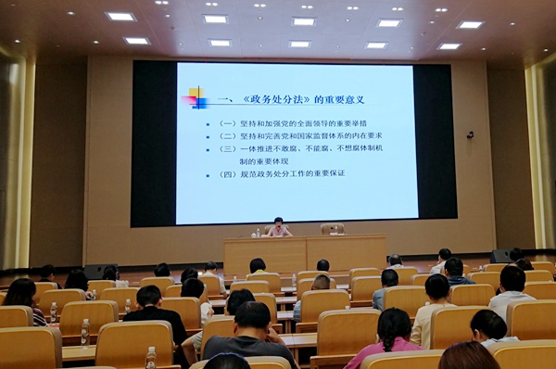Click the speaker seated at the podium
click(x=276, y=227)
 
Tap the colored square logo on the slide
click(x=196, y=96)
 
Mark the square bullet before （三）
click(x=209, y=148)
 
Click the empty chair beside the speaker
click(x=333, y=228)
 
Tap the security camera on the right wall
click(x=471, y=134)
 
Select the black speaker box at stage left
click(x=100, y=272)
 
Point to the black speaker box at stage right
click(x=500, y=256)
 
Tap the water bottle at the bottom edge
click(x=151, y=358)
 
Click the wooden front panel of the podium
click(x=306, y=254)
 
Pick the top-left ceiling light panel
click(x=120, y=16)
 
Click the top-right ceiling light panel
click(x=471, y=24)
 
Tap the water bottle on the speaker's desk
click(x=258, y=233)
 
